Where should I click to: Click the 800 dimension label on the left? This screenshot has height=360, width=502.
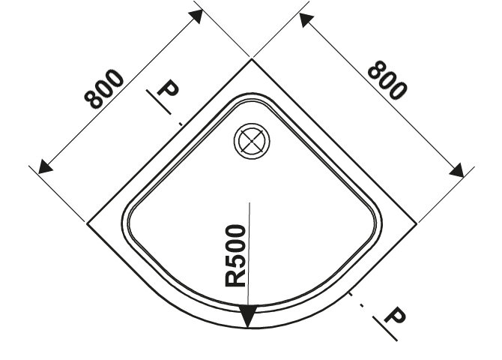[103, 88]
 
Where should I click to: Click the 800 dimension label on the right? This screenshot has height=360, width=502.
[387, 79]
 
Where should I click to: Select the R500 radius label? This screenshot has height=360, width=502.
[235, 256]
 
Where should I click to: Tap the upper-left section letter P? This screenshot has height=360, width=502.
[168, 88]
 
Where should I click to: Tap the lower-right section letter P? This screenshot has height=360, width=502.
[395, 315]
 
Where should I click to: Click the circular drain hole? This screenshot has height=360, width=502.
[252, 141]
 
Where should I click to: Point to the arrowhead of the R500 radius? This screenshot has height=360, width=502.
[248, 316]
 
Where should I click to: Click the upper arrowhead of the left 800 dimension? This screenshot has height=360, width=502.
[196, 16]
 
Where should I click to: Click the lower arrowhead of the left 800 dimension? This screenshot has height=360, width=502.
[46, 166]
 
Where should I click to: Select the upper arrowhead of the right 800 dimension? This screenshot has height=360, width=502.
[306, 20]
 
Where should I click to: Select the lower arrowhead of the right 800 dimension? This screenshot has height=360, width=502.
[456, 170]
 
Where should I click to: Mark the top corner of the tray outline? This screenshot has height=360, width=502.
[252, 59]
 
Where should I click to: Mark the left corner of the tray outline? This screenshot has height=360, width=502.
[87, 223]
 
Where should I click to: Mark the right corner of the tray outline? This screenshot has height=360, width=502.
[417, 223]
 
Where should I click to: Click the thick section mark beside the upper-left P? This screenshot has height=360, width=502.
[159, 102]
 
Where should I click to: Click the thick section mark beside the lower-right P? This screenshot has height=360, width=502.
[385, 328]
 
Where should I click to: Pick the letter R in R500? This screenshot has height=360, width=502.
[235, 278]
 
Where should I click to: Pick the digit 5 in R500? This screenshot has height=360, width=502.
[235, 262]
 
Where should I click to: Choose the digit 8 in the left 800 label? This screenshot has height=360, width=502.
[94, 99]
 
